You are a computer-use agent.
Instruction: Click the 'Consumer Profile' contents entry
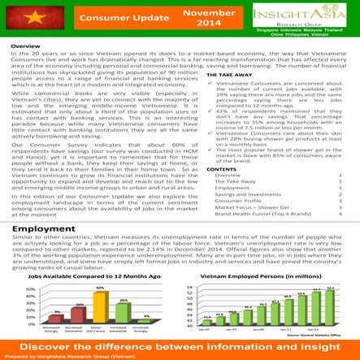tap(236, 202)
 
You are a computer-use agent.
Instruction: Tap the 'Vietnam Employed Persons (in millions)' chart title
tap(265, 279)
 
